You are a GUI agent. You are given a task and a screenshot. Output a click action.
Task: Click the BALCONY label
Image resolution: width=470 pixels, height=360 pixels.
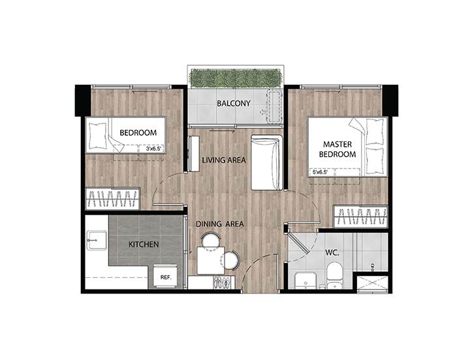coord(234,103)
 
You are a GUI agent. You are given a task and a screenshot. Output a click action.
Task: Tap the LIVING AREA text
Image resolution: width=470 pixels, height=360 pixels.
coord(224,160)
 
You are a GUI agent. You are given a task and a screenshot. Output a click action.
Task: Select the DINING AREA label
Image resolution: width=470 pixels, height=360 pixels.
coord(220,224)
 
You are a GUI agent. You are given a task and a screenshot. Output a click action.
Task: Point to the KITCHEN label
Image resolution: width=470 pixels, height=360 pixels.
coord(144,245)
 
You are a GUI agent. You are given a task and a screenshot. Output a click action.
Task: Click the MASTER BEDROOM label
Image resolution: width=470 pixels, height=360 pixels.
coord(337,149)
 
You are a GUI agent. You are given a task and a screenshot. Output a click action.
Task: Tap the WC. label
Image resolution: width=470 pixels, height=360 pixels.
coord(332,253)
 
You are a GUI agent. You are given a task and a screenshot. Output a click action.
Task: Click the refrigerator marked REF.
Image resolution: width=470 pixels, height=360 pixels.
coord(166,276)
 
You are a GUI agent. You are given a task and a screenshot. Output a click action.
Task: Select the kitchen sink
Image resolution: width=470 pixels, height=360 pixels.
coord(97,240)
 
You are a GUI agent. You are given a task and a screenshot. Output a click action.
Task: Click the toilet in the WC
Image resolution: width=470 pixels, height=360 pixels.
coord(335,275)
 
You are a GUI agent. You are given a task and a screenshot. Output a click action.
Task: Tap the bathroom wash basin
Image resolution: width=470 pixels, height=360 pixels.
coord(305,281)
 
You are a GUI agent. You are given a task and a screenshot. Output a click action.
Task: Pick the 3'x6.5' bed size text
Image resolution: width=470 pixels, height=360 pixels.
coord(153,149)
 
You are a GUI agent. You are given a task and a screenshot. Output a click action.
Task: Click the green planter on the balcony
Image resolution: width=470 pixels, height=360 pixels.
coord(235,78)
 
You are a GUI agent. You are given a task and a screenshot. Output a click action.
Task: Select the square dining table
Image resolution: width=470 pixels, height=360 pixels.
coord(211,260)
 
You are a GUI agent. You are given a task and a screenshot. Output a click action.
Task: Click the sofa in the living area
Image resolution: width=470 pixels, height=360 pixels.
coord(267,162)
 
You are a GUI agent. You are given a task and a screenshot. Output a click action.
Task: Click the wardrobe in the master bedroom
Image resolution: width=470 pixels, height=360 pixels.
coord(360,217)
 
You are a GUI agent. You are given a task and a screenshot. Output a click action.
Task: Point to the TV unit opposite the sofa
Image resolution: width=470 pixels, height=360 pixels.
coord(194,154)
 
